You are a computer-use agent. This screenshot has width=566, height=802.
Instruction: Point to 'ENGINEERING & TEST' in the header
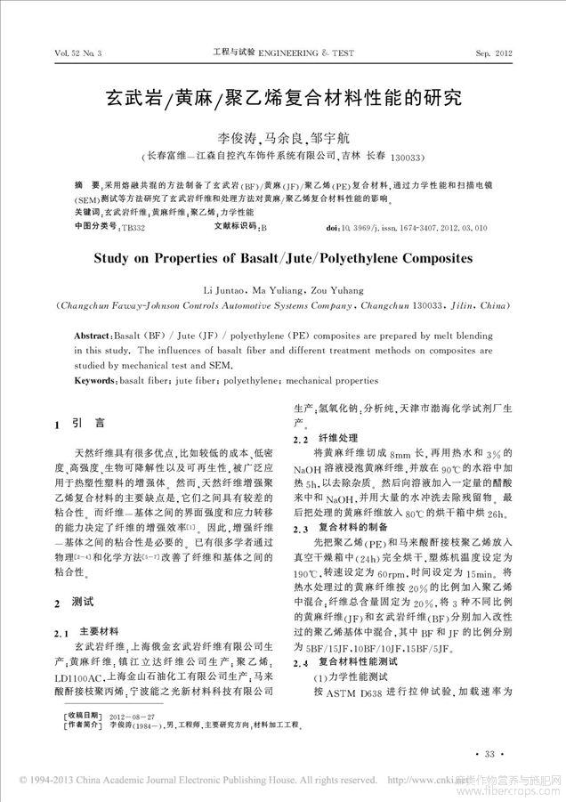click(305, 54)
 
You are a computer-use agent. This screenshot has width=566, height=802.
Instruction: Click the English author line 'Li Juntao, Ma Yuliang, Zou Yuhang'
click(282, 290)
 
